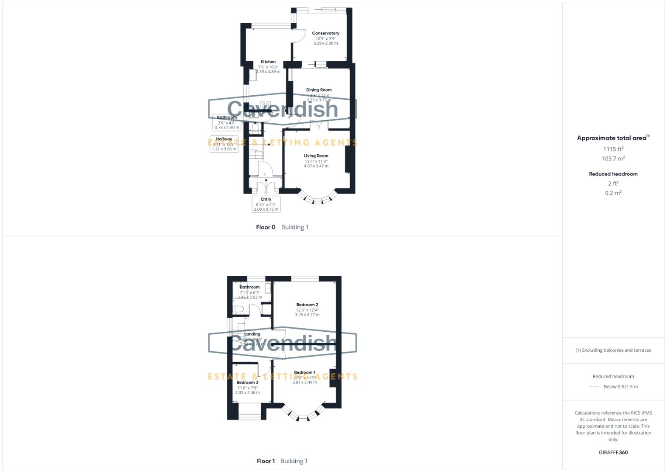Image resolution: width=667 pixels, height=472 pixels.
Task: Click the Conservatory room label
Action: (325, 33)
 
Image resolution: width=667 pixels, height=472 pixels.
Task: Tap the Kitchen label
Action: (268, 62)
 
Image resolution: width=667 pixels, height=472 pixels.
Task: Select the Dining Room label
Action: (318, 90)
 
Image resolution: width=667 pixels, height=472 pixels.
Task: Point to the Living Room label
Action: (316, 156)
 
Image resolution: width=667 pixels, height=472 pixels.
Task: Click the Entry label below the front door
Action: (266, 199)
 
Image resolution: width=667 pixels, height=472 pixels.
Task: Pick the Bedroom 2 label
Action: (307, 305)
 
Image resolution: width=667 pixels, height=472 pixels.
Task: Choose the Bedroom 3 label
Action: (247, 382)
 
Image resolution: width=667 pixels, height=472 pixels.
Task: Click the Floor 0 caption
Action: (266, 227)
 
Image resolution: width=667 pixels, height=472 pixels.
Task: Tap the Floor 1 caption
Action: (266, 461)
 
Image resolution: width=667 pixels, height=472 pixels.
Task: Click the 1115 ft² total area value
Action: (613, 149)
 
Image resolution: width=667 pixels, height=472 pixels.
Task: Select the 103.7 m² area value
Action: (613, 159)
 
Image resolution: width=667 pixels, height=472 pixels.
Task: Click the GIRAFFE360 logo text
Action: (613, 452)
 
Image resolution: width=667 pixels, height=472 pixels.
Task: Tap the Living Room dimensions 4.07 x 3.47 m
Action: (316, 166)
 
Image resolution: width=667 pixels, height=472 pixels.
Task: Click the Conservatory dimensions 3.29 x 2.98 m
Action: (325, 43)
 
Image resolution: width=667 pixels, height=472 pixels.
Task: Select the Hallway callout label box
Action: (224, 144)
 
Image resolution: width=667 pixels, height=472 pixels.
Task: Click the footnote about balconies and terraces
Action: (613, 350)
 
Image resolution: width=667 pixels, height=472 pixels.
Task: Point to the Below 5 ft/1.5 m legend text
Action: (620, 387)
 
